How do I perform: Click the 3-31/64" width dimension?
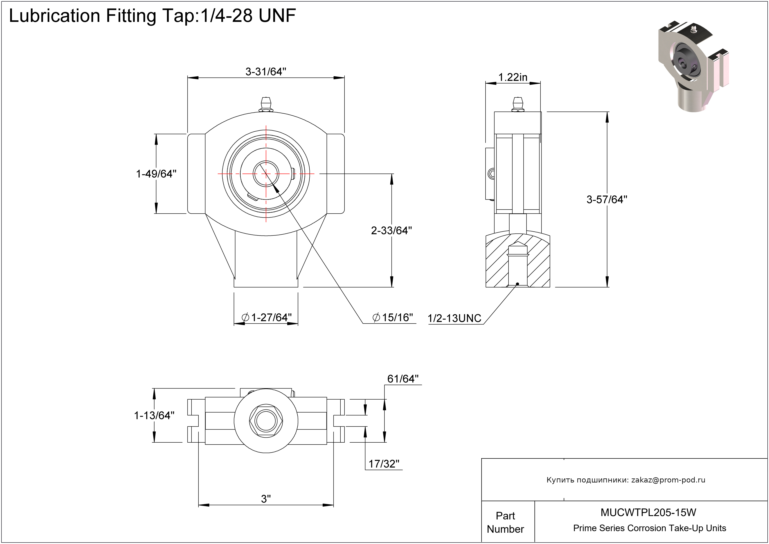point(266,71)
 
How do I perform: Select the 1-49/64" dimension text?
point(156,174)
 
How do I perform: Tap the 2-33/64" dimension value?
point(391,230)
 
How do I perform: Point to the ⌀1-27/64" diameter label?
point(267,317)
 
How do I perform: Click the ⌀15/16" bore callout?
point(393,317)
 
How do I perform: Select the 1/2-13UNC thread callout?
point(454,318)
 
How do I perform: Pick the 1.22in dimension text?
point(513,77)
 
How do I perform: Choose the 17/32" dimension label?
point(384,464)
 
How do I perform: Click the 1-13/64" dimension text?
point(154,416)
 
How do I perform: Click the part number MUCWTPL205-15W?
point(648,512)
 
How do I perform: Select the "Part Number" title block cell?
point(505,522)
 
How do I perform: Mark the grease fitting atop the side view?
point(517,104)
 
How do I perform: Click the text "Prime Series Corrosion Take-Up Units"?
point(650,528)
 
